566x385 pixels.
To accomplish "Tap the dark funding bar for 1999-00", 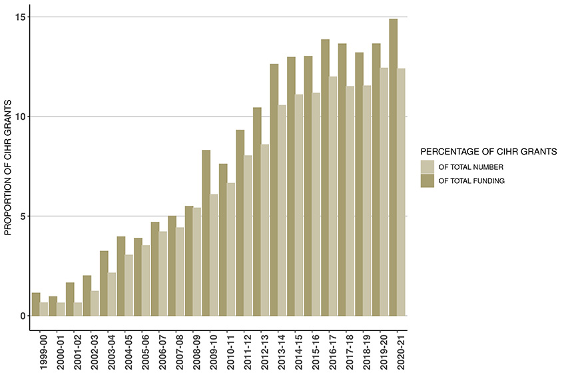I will point(36,304).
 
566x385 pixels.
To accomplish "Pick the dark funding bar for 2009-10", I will point(206,233).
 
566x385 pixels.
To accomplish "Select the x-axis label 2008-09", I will point(197,352).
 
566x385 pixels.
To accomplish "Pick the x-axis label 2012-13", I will point(265,352).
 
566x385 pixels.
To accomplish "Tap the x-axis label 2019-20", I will point(384,352).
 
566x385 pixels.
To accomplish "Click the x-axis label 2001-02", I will point(79,352).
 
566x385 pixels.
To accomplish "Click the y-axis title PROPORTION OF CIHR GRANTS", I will point(9,167).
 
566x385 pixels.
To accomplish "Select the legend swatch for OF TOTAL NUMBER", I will point(427,166).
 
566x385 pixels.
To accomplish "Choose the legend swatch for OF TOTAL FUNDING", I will point(427,181).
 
